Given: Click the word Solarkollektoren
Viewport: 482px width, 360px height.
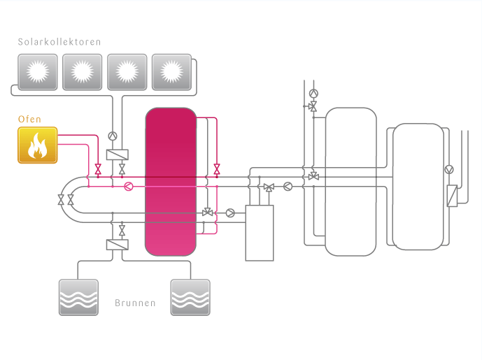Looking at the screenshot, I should [x=59, y=42].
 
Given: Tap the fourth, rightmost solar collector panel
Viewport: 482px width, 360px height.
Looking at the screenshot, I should [x=171, y=71].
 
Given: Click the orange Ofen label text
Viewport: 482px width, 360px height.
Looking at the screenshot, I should [x=29, y=120].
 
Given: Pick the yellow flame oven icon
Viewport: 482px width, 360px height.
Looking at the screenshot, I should [x=37, y=145].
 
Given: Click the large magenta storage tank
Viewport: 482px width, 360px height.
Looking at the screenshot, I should [x=170, y=182].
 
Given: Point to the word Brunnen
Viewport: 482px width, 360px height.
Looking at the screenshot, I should [x=135, y=304].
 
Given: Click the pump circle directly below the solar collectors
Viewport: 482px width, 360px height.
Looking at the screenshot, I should [x=113, y=136].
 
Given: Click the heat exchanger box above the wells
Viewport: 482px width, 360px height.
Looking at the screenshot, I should [x=116, y=245].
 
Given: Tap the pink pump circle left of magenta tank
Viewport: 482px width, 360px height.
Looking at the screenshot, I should [x=127, y=187].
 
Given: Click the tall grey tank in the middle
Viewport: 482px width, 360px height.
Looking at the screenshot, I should [x=350, y=180].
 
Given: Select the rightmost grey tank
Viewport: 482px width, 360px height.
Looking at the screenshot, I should [x=418, y=186].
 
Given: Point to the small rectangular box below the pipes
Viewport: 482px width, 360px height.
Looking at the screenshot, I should [x=259, y=233].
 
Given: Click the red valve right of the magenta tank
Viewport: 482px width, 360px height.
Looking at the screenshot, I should [x=217, y=169].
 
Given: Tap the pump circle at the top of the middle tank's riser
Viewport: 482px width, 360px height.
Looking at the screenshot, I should [x=313, y=92].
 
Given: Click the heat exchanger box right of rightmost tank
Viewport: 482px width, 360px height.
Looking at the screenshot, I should [x=451, y=195].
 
